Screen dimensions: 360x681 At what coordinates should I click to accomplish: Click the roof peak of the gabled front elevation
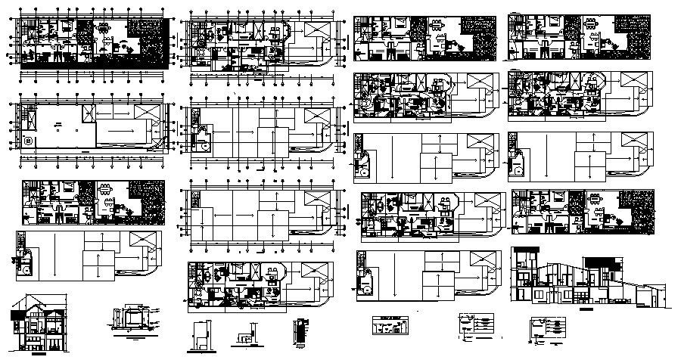pos(36,294)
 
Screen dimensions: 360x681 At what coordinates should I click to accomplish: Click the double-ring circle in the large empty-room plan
pos(29,141)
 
